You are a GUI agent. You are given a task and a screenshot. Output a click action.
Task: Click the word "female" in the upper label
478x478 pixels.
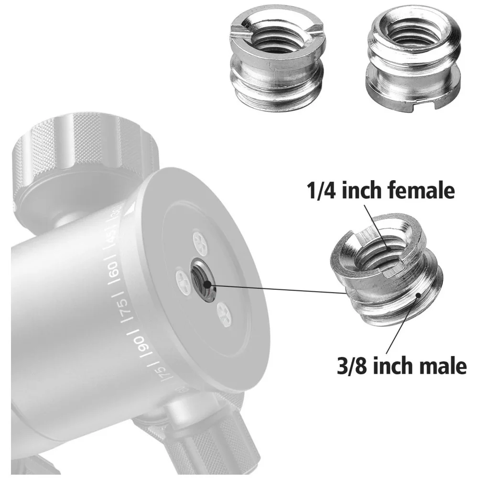[x=422, y=190]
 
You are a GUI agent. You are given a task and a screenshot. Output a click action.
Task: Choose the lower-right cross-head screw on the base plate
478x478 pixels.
[x=224, y=315]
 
